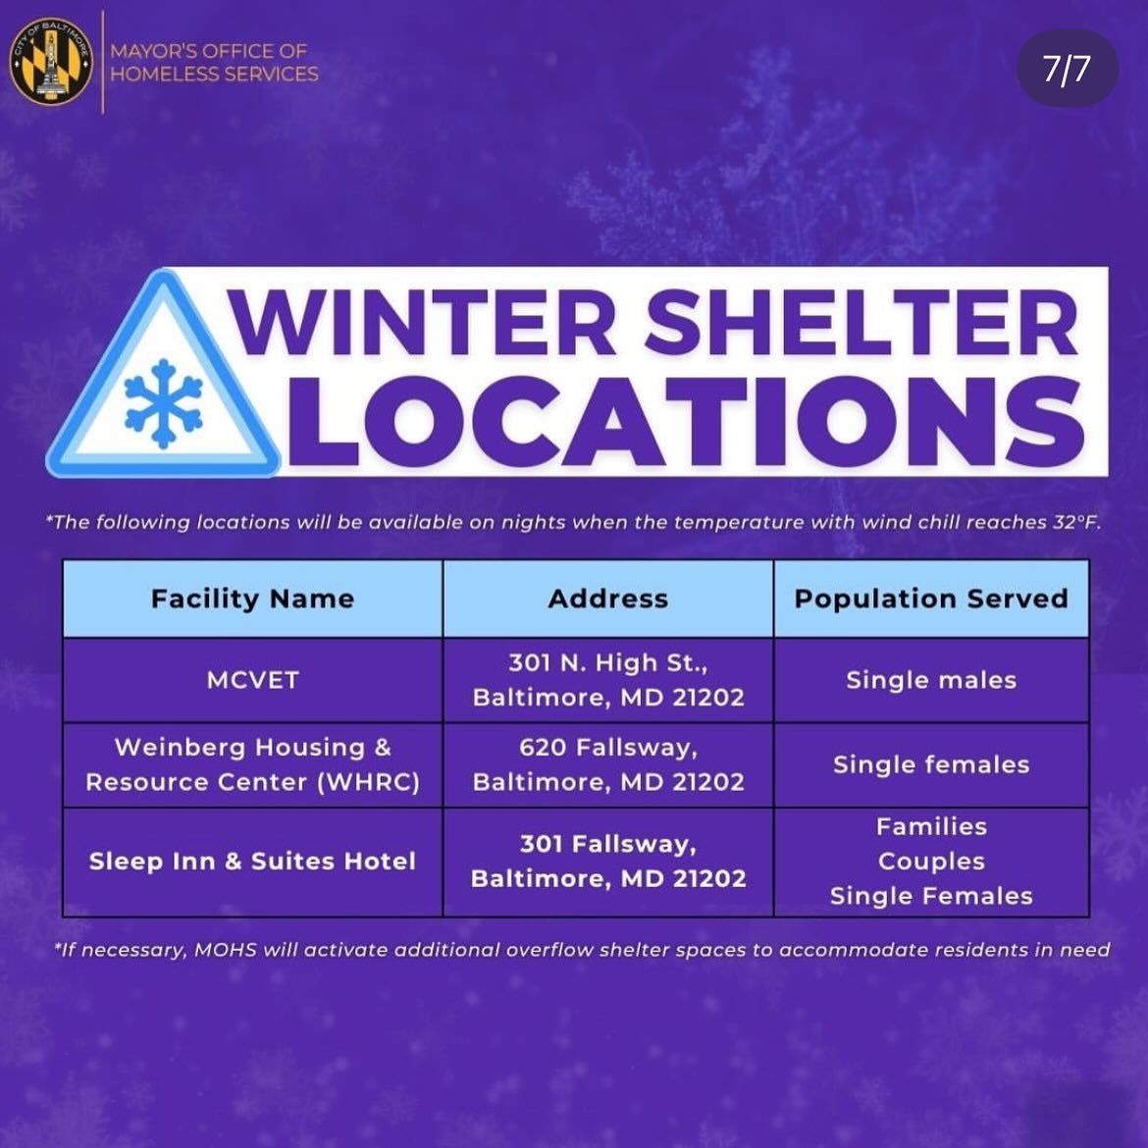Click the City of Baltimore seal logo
(x=50, y=61)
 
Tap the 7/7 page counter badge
(x=1067, y=69)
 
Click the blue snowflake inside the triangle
(x=163, y=403)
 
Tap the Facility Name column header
(x=252, y=599)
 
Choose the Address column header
(x=608, y=599)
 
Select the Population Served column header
(x=930, y=599)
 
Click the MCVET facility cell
(x=252, y=680)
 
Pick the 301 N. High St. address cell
(x=608, y=680)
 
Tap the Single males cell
(x=930, y=680)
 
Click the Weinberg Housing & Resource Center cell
(x=252, y=764)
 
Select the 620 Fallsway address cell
(x=608, y=764)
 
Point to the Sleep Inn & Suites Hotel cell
(x=252, y=861)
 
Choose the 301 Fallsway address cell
(x=608, y=861)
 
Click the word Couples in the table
(x=930, y=861)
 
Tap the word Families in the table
(x=930, y=826)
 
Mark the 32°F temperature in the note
(x=1076, y=522)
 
